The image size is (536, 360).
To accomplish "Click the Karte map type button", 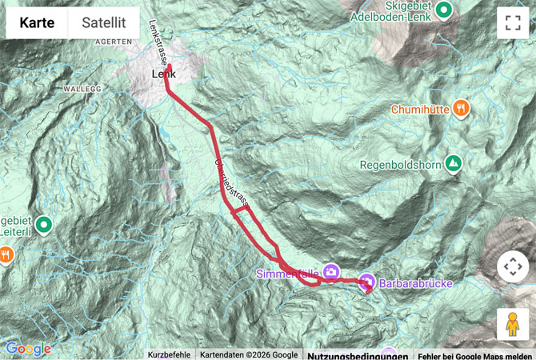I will (38, 23).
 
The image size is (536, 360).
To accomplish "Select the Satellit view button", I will (104, 23).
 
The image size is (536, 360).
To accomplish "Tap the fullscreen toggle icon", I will (512, 23).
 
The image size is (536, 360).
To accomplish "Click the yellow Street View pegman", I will (512, 324).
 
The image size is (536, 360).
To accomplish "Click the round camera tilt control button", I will (512, 266).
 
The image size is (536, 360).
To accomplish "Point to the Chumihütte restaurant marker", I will (461, 108).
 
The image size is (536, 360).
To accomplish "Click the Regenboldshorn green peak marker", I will (454, 162).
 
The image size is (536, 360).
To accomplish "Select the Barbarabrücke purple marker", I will (367, 281).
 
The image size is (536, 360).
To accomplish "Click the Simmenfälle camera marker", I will (331, 270).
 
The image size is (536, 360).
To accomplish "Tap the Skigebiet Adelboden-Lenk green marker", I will (445, 10).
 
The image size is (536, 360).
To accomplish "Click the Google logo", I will (28, 349).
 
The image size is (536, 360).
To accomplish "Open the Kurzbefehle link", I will (169, 355).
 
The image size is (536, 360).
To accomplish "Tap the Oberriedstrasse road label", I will (231, 183).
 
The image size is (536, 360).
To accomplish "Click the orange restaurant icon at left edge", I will (6, 254).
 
